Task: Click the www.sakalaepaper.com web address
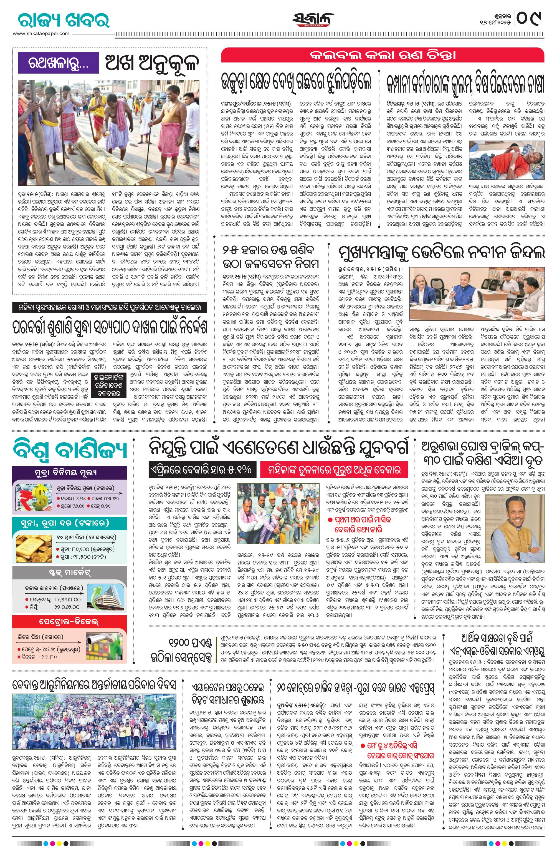coord(41,33)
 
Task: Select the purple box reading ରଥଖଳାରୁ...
coord(58,63)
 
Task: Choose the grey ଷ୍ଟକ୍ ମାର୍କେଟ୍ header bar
coord(69,572)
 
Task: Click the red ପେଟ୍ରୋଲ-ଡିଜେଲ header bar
coord(69,621)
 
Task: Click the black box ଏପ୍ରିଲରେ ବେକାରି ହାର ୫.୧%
coord(201,470)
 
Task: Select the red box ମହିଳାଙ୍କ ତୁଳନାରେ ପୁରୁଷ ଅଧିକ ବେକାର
coord(334,470)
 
